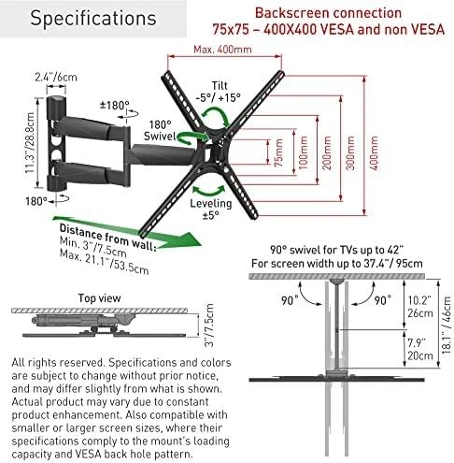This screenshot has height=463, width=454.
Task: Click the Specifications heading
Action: click(x=93, y=19)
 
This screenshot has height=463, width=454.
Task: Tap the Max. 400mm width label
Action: click(x=222, y=50)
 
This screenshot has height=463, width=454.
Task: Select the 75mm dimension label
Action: click(x=278, y=152)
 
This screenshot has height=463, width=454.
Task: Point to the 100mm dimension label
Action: click(x=304, y=152)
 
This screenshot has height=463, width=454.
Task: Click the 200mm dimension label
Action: click(x=327, y=152)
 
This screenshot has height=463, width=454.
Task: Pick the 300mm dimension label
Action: click(x=350, y=152)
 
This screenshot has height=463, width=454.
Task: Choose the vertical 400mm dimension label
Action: click(x=374, y=152)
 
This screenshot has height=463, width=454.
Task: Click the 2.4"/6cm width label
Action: click(x=56, y=77)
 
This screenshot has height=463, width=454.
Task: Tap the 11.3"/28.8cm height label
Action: click(x=30, y=143)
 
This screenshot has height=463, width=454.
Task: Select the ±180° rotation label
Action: click(x=114, y=105)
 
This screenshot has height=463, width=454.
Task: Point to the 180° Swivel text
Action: click(x=159, y=130)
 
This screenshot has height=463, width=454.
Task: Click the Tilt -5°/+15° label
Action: click(x=219, y=92)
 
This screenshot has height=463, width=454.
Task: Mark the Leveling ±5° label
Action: click(x=211, y=209)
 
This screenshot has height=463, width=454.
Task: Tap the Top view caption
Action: click(x=99, y=297)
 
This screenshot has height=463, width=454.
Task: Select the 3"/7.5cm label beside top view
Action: click(x=209, y=326)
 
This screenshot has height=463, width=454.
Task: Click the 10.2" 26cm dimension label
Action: click(x=420, y=307)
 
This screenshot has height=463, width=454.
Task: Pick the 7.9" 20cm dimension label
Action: click(x=420, y=349)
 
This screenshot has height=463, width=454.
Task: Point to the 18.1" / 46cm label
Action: click(x=446, y=325)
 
